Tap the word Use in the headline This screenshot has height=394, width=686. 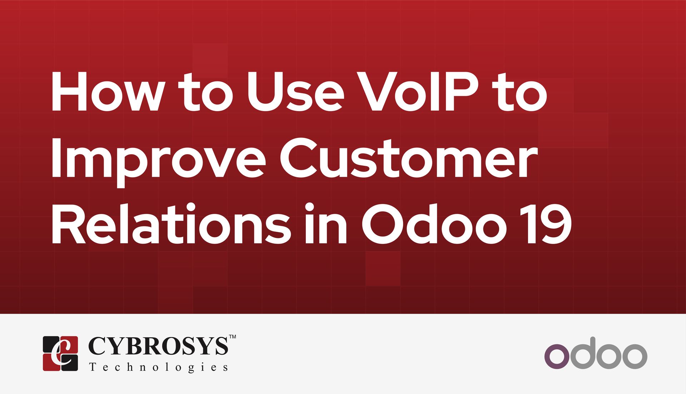click(x=295, y=92)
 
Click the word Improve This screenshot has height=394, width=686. click(x=158, y=159)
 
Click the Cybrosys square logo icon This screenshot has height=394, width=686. click(x=60, y=353)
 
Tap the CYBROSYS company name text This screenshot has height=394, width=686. click(x=158, y=346)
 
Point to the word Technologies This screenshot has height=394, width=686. click(x=159, y=367)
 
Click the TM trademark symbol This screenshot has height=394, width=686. click(x=232, y=337)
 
